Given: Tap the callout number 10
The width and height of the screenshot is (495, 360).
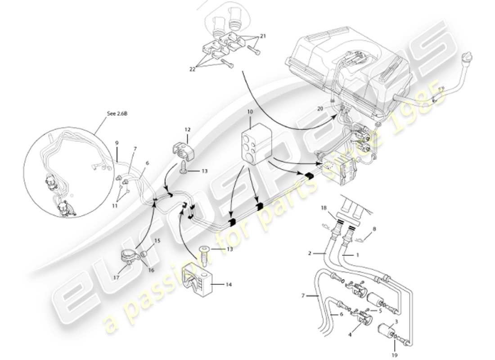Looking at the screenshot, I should tap(250, 110).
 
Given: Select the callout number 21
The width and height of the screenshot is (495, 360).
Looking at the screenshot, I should tap(263, 36).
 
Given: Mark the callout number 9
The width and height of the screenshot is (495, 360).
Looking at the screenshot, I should tap(117, 143).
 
